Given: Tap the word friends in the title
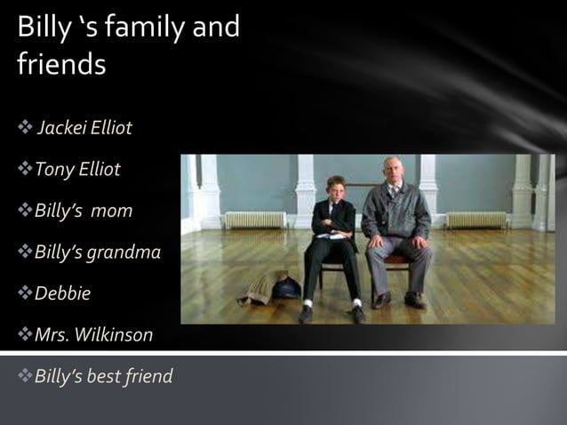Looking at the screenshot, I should click(x=61, y=65).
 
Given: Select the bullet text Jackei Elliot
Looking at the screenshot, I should click(x=84, y=128).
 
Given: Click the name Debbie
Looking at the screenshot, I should click(x=63, y=293).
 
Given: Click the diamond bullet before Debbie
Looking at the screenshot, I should click(x=24, y=293).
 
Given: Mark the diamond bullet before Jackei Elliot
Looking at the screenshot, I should click(x=24, y=128).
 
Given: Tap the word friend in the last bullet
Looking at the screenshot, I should click(x=148, y=376).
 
